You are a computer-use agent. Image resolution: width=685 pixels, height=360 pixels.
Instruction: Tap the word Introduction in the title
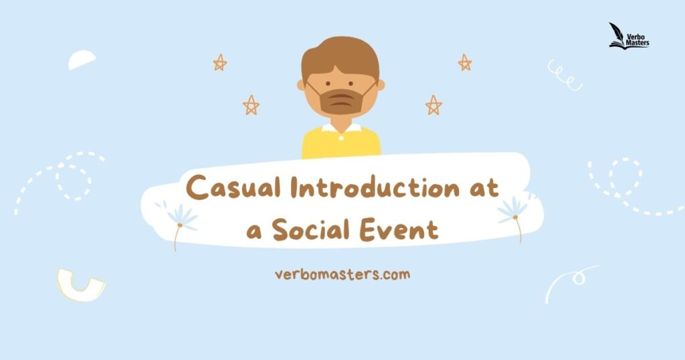(375, 187)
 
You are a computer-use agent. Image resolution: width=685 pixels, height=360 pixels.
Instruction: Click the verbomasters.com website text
(342, 274)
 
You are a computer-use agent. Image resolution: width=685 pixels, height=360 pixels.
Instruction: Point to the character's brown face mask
(340, 101)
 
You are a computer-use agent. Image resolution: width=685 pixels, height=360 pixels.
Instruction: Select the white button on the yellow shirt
(341, 138)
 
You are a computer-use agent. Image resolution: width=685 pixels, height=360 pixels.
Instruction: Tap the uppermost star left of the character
(219, 62)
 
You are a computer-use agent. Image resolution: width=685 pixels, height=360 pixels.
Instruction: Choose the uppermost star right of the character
(464, 62)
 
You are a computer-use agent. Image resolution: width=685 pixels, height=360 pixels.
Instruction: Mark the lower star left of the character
(251, 105)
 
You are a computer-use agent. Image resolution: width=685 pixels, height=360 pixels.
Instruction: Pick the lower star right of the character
(433, 105)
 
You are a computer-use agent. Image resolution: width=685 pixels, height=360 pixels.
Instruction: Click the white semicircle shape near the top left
(81, 60)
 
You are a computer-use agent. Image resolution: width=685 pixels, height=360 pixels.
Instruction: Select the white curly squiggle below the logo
(565, 76)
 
